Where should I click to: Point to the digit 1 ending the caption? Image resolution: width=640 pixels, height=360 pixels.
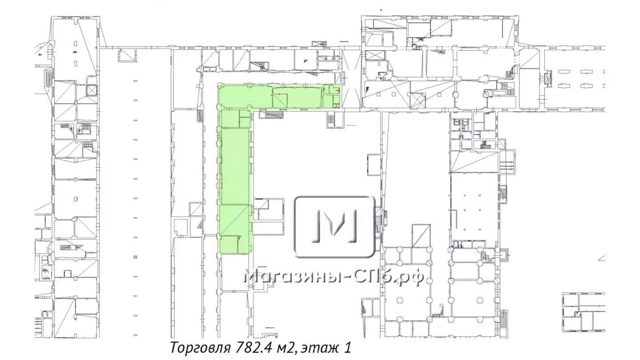348,348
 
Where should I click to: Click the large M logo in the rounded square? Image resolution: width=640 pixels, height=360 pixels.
335,227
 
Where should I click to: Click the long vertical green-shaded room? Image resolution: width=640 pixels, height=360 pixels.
235,166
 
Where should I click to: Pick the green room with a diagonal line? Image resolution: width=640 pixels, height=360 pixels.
234,220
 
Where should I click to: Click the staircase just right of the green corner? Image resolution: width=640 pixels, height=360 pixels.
271,115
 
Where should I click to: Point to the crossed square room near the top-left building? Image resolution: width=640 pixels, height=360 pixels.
92,90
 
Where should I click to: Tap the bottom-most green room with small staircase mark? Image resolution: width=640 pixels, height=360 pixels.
229,244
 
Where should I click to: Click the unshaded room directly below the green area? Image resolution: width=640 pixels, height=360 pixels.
235,272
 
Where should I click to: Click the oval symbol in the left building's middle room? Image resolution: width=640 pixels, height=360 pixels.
76,199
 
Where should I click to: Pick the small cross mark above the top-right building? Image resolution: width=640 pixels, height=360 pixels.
381,10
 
